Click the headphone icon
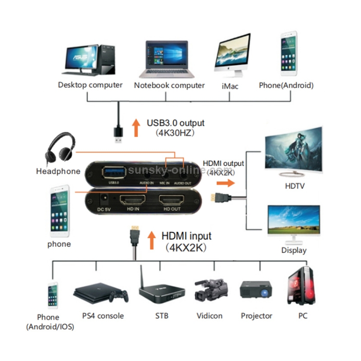point(60,149)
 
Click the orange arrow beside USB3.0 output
point(136,128)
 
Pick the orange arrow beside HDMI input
point(152,241)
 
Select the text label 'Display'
point(294,250)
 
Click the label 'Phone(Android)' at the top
point(286,86)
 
